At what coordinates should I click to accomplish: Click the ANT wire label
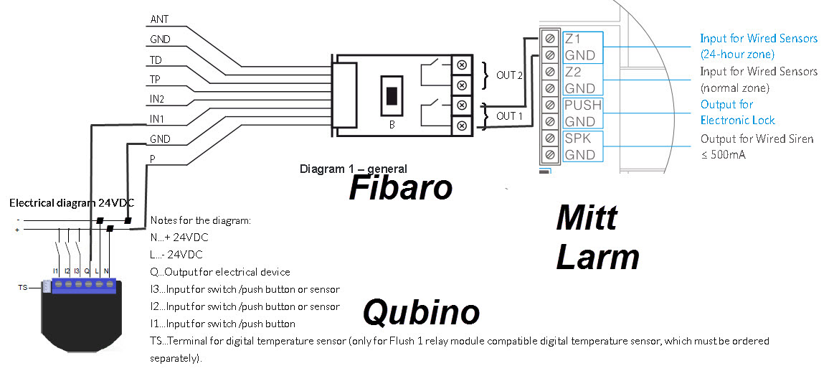point(159,19)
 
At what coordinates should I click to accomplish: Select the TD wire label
point(156,60)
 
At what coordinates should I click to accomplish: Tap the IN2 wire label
point(157,98)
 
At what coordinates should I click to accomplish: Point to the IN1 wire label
point(157,118)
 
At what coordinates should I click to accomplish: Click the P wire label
point(152,158)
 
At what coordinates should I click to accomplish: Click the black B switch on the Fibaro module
point(392,96)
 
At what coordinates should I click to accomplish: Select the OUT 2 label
point(510,75)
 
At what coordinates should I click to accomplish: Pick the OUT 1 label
point(510,116)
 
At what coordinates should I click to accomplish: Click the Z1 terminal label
point(573,39)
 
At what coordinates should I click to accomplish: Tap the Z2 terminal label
point(573,72)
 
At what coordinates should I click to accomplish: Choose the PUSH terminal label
point(583,105)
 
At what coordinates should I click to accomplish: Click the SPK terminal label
point(578,138)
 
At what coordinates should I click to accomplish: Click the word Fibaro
point(401,188)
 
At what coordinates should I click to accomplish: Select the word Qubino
point(420,312)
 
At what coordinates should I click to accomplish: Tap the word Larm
point(597,257)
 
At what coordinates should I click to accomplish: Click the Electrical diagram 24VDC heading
point(72,203)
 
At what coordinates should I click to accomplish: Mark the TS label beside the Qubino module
point(23,287)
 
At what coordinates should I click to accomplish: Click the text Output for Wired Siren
point(757,138)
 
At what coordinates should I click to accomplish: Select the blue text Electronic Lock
point(738,121)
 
